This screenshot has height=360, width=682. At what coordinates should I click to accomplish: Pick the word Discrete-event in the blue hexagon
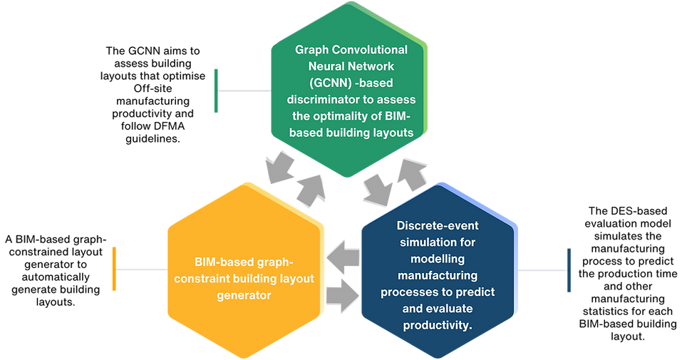point(437,226)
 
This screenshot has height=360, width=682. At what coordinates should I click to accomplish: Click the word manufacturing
point(438,275)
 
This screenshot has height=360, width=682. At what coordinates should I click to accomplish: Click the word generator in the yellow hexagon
point(243,294)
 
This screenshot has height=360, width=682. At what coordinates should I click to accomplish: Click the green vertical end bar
point(216,90)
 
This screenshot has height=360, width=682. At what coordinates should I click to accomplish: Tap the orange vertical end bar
point(113,269)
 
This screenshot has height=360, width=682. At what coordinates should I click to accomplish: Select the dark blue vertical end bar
point(569,269)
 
